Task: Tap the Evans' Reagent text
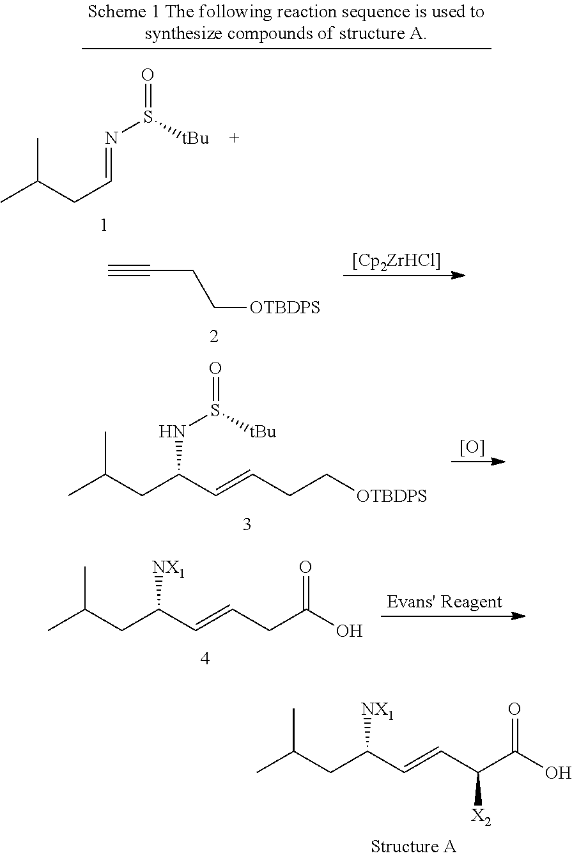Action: tap(444, 602)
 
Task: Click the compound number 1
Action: tap(104, 225)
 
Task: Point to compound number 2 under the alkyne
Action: tap(213, 336)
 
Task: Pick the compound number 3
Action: tap(246, 525)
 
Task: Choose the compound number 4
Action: tap(205, 658)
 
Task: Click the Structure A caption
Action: tap(414, 846)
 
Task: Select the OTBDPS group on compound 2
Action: tap(285, 309)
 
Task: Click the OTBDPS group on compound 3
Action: tap(392, 496)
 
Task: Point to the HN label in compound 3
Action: tap(172, 433)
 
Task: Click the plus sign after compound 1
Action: tap(234, 138)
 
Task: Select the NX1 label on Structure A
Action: tap(377, 710)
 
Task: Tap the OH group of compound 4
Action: tap(349, 632)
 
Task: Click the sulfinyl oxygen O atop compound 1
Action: tap(147, 75)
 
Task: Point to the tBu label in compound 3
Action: tap(263, 432)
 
